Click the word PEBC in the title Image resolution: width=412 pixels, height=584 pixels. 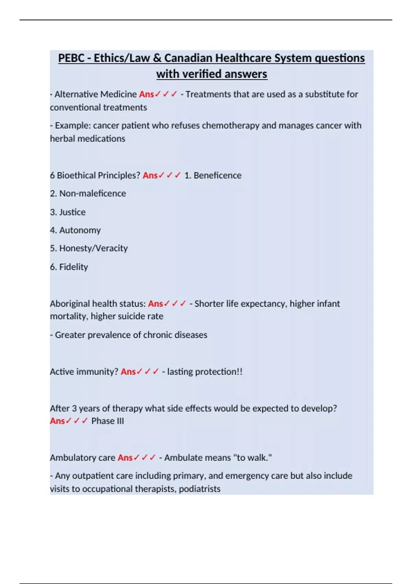[71, 58]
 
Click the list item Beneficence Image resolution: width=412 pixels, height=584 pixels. [217, 175]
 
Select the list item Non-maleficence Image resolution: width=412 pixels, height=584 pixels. [92, 193]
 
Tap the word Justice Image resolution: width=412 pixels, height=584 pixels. [72, 212]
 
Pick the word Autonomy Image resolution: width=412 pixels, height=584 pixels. [80, 230]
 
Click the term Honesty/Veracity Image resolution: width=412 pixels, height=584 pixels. [93, 248]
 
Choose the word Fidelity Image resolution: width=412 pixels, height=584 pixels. [73, 267]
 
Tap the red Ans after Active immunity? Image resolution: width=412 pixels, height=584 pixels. [128, 372]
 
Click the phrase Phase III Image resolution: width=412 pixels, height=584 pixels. [107, 421]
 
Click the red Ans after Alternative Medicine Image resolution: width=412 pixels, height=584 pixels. [146, 94]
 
